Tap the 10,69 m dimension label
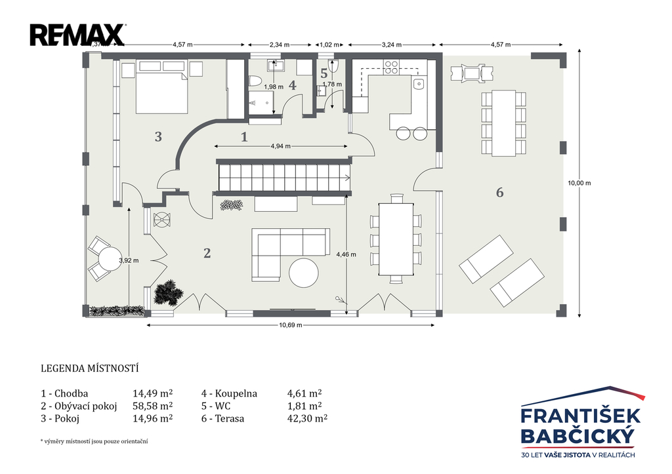[291, 325]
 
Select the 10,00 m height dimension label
[579, 183]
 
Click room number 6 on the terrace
[499, 193]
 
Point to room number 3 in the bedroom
[158, 136]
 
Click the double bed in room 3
[162, 93]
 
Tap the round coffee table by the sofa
[303, 273]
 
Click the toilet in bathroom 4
[255, 81]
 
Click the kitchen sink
[419, 83]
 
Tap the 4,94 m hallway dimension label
[281, 146]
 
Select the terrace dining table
[503, 123]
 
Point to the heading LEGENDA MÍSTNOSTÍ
[89, 368]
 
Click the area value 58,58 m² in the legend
[152, 406]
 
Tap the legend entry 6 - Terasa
[223, 418]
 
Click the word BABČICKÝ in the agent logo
[577, 437]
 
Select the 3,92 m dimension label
[129, 260]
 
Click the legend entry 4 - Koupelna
[229, 393]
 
